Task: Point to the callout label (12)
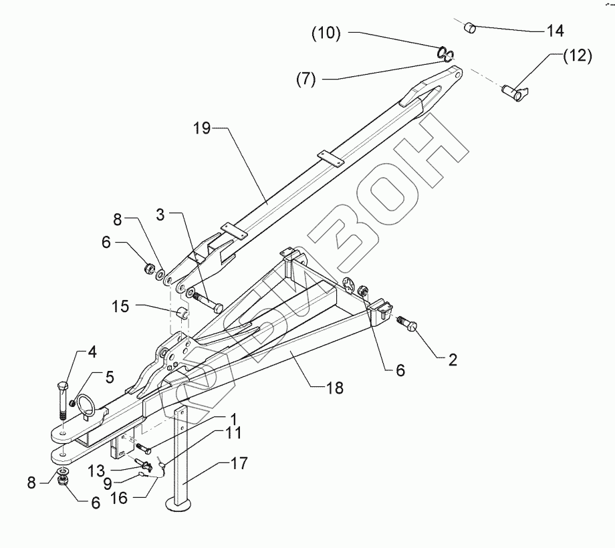point(576,56)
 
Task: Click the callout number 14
point(554,31)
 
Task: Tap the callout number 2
point(453,361)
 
